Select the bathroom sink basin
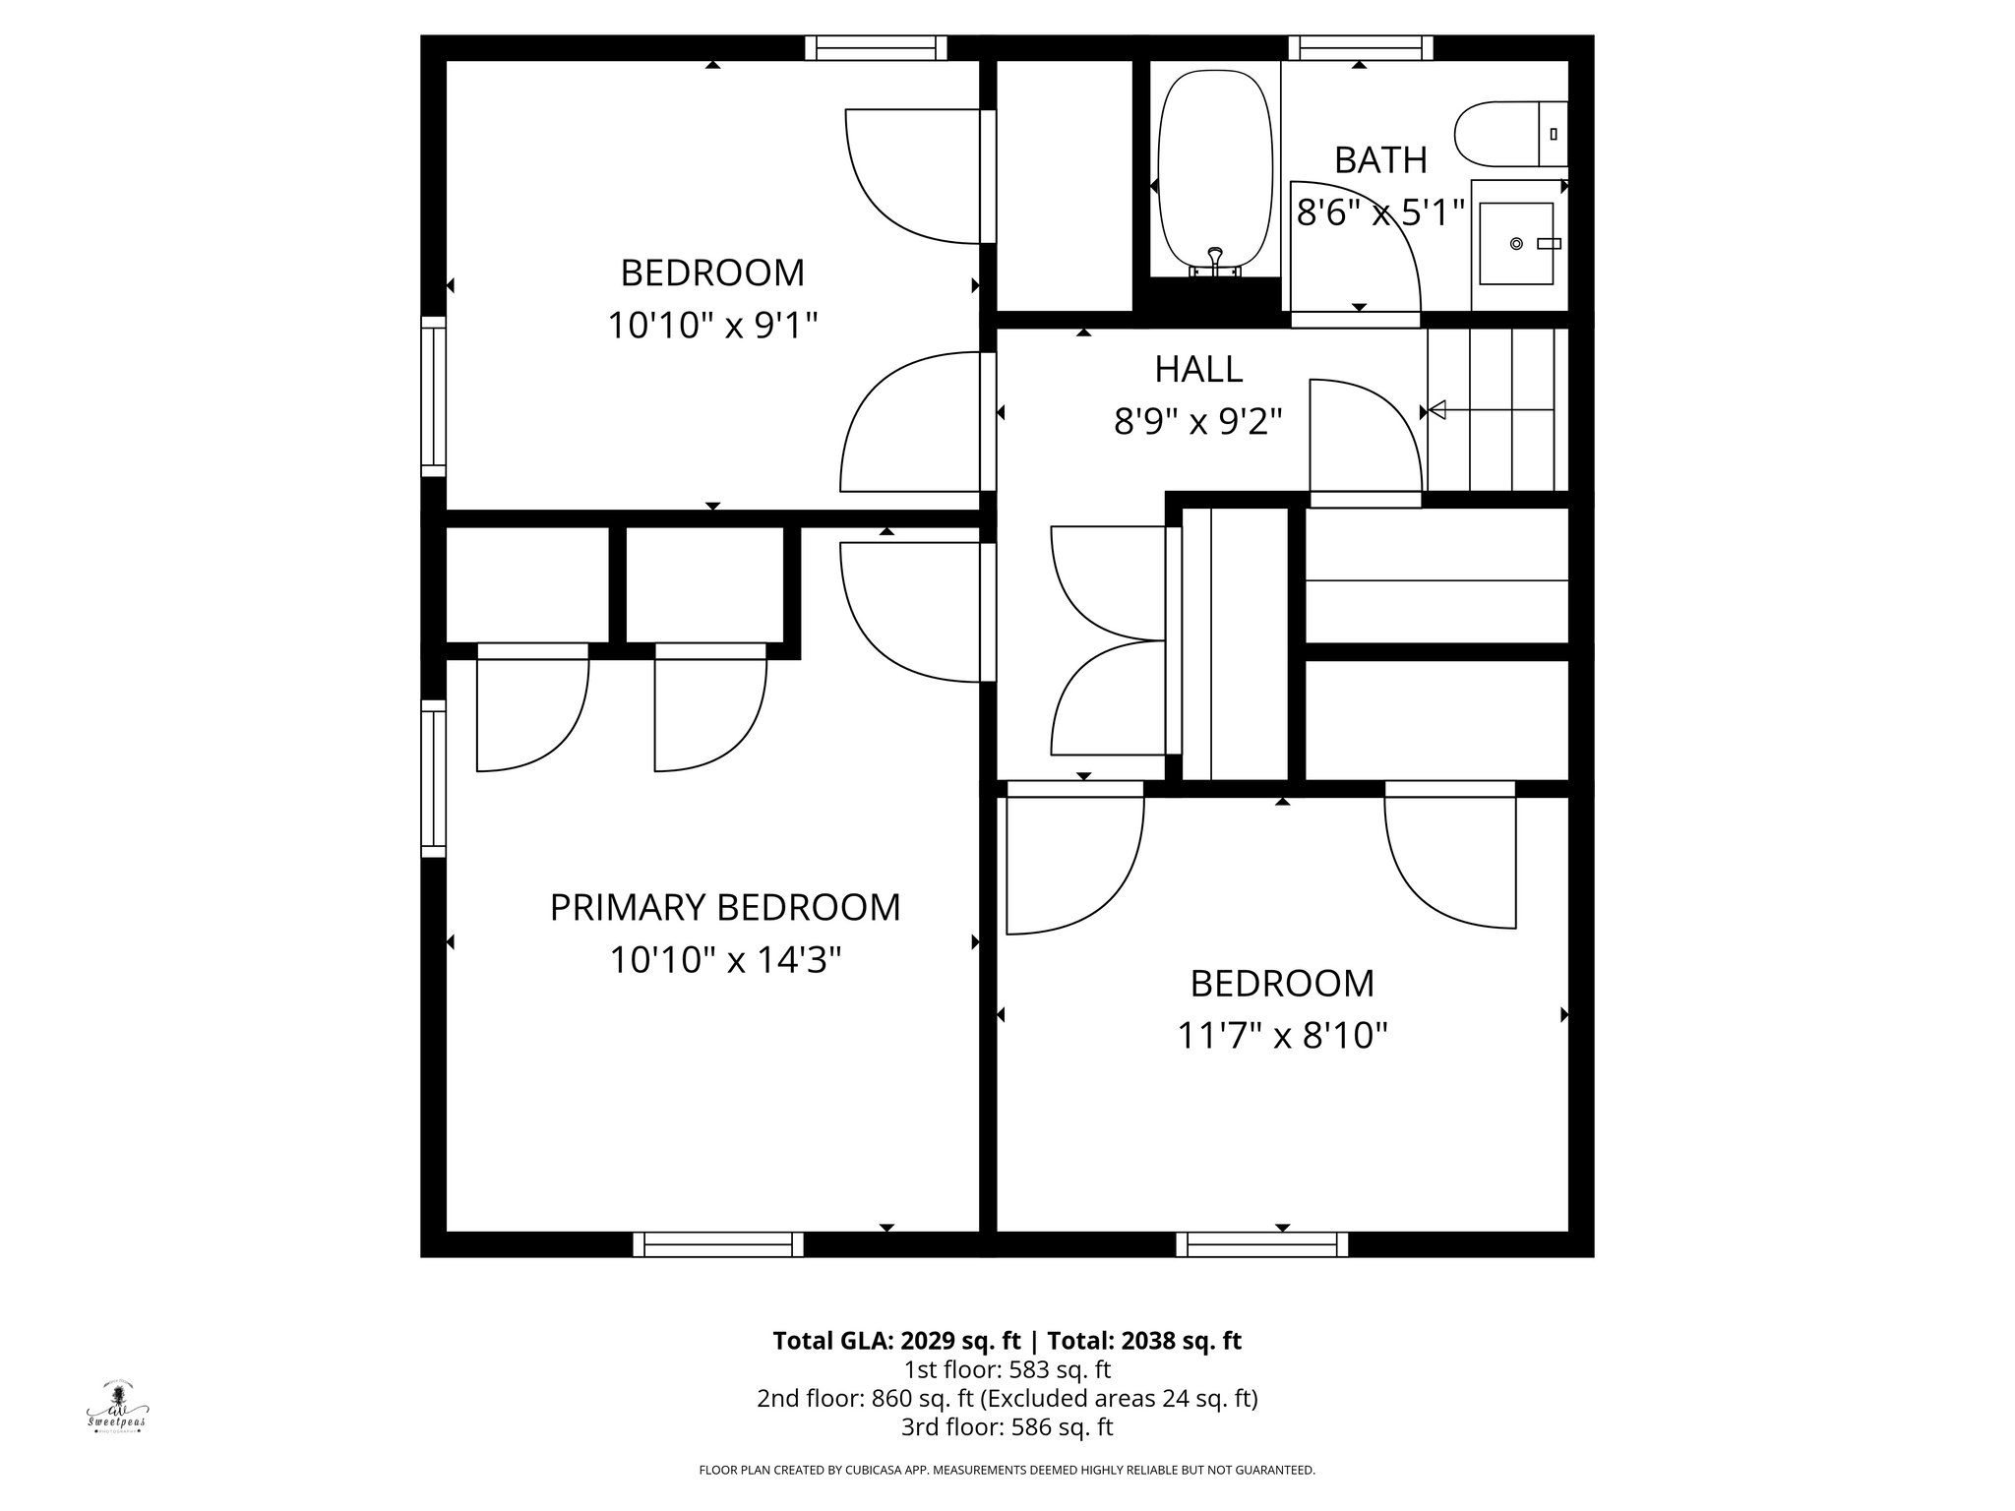coord(1517,243)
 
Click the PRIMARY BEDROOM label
coord(725,907)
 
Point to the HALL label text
coord(1198,369)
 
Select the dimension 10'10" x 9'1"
coord(712,324)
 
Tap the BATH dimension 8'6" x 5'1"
coord(1380,212)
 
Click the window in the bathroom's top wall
coord(1360,47)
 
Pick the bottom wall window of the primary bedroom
coord(717,1244)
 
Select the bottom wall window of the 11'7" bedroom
coord(1262,1244)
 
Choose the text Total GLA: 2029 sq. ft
coord(897,1341)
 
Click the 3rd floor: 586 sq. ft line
coord(1007,1426)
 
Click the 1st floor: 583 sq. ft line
coord(1007,1369)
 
